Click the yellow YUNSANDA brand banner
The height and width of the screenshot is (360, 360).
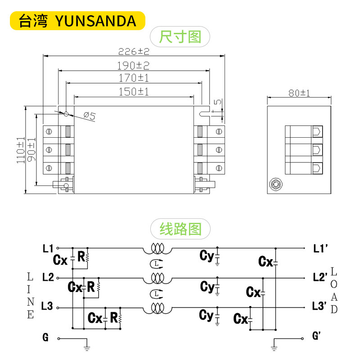77,20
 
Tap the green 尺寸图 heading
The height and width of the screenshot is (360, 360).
180,36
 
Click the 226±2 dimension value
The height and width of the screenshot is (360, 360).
134,51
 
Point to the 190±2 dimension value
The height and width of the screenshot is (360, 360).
134,66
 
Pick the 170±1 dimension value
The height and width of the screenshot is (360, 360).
134,78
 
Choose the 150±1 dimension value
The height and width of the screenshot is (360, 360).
134,92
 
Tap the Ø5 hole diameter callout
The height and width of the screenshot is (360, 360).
90,117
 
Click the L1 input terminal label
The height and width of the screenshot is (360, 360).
48,248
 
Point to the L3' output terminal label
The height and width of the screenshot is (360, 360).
319,306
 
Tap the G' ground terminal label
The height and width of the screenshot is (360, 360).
316,336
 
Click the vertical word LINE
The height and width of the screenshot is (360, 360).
30,295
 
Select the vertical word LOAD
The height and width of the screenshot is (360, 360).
334,291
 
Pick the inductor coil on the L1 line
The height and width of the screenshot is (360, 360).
157,248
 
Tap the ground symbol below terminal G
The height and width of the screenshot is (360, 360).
87,346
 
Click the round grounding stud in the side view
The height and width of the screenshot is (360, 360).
274,184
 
